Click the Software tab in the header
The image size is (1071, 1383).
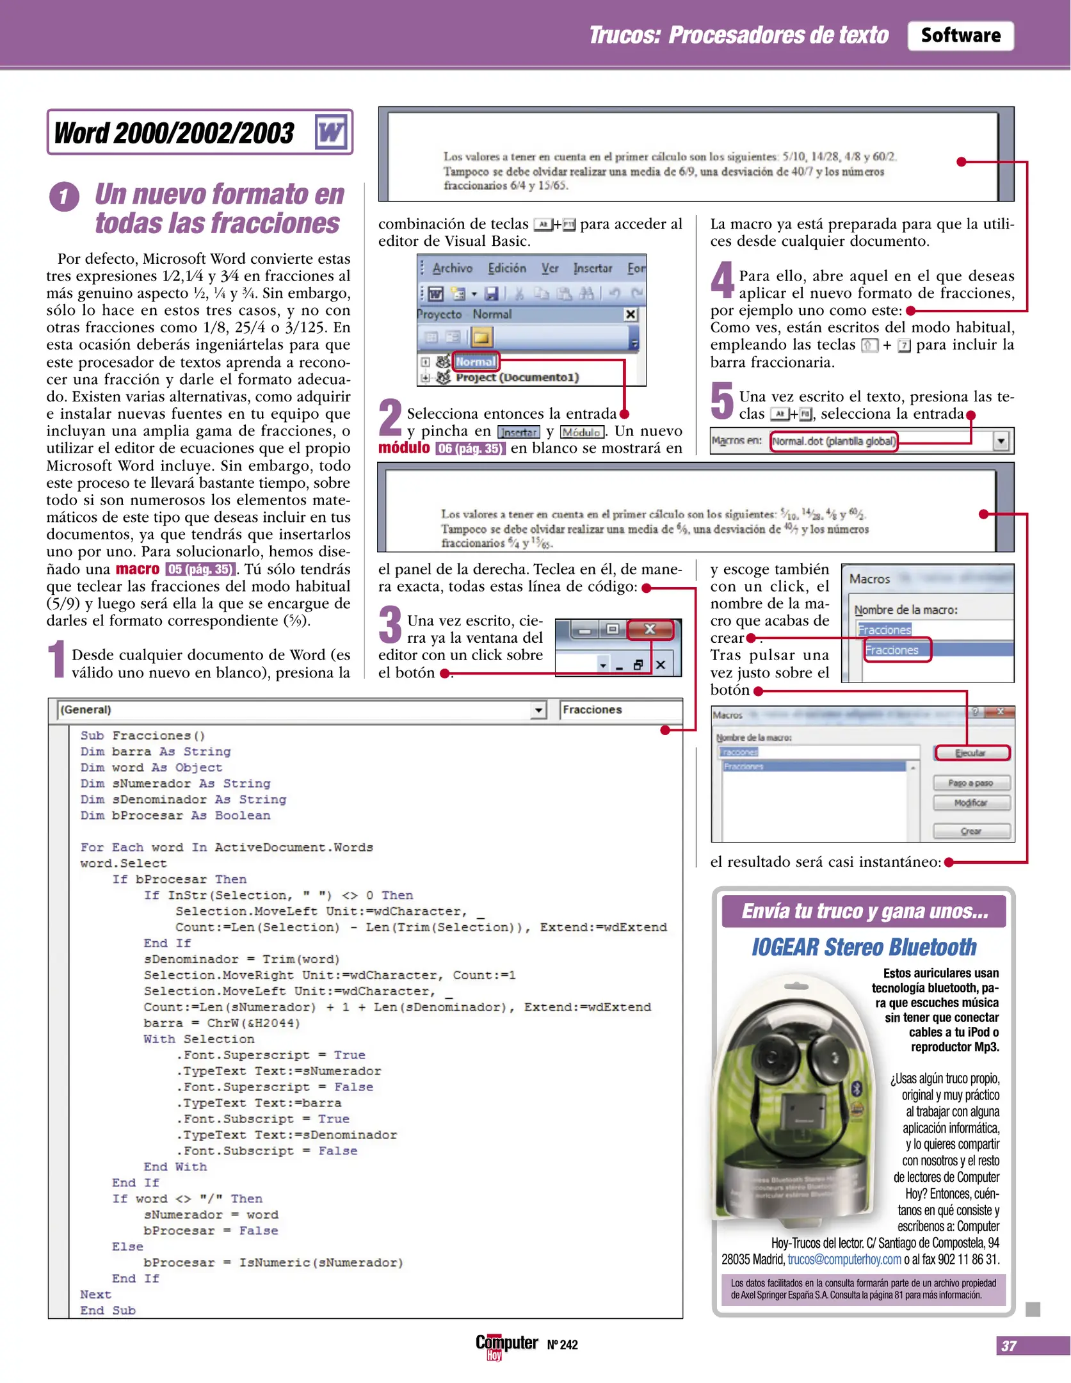pyautogui.click(x=960, y=36)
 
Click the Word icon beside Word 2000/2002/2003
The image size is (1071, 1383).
pyautogui.click(x=331, y=133)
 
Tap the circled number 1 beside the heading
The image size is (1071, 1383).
pyautogui.click(x=64, y=197)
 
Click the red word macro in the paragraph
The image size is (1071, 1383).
pyautogui.click(x=137, y=569)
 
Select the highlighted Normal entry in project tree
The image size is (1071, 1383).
pyautogui.click(x=475, y=362)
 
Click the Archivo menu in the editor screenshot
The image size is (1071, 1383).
pyautogui.click(x=452, y=268)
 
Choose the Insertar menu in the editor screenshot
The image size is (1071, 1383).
pyautogui.click(x=592, y=268)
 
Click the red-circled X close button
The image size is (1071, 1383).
pyautogui.click(x=650, y=629)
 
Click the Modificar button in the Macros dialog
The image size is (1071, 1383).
pyautogui.click(x=971, y=803)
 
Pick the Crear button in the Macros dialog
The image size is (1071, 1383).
pyautogui.click(x=971, y=831)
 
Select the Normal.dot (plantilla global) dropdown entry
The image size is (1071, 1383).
pyautogui.click(x=833, y=441)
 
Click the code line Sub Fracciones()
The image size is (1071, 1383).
pyautogui.click(x=142, y=736)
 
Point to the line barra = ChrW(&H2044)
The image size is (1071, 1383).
pyautogui.click(x=221, y=1023)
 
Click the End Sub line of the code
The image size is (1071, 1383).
pyautogui.click(x=108, y=1311)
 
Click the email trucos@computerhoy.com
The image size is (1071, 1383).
pyautogui.click(x=844, y=1259)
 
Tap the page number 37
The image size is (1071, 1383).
pyautogui.click(x=1009, y=1346)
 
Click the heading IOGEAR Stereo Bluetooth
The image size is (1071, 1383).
pyautogui.click(x=864, y=947)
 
